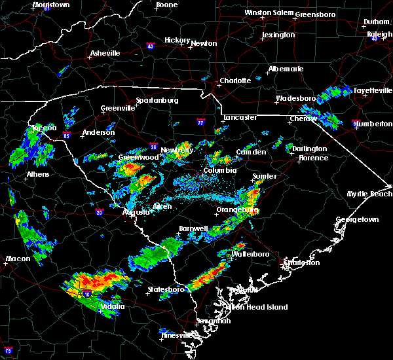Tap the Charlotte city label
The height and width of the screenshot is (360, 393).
point(235,81)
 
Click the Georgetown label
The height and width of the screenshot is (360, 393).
point(357,220)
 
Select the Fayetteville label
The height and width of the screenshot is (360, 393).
point(372,90)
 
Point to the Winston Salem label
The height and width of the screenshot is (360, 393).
point(269,13)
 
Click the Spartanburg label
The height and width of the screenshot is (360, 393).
point(157,100)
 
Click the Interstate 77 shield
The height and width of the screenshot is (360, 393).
point(201,122)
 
